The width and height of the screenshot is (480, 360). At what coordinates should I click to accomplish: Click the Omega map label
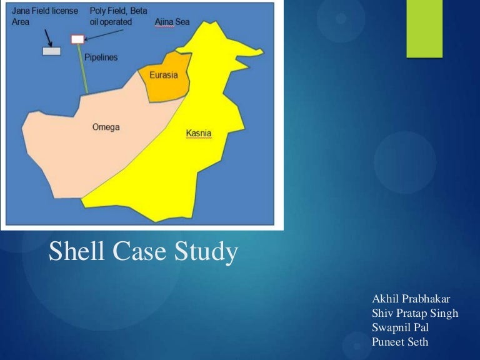point(106,127)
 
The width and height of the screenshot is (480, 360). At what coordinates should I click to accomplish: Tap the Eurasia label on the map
point(164,75)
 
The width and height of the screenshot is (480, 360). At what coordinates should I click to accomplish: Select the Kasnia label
point(199,133)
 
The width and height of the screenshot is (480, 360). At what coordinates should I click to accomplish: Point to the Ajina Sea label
point(172,22)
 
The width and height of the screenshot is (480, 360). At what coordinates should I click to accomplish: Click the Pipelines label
point(101,57)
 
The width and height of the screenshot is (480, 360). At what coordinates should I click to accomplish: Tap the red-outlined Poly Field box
point(77,39)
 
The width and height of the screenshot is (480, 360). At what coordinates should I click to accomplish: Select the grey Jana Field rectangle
point(51,51)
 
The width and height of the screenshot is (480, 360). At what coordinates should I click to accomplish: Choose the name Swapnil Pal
point(400,327)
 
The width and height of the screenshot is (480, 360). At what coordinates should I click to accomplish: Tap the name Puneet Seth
point(400,341)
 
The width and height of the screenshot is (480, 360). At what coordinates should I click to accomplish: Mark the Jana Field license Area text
point(44,16)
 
